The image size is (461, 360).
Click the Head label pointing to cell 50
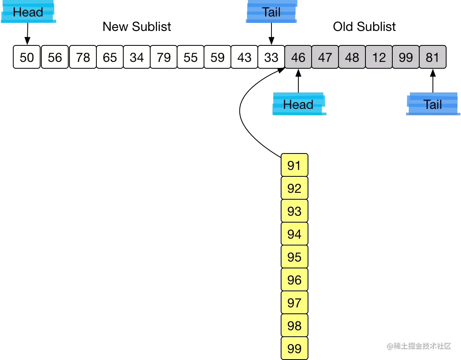[x=28, y=12]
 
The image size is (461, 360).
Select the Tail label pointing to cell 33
[x=271, y=12]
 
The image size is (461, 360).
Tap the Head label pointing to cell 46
[x=298, y=104]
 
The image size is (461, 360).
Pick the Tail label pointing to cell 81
[x=432, y=104]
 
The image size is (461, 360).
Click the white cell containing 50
[x=27, y=57]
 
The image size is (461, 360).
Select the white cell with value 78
[x=83, y=57]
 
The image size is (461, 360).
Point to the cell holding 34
[x=137, y=57]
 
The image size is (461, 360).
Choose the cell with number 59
[x=217, y=57]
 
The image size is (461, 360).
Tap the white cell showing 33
[x=271, y=57]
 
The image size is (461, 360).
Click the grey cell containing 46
[x=298, y=57]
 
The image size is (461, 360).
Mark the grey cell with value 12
[x=379, y=57]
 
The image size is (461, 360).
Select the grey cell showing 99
[x=406, y=57]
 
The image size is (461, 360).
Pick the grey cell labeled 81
[x=432, y=57]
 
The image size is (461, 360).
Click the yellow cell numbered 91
[x=294, y=165]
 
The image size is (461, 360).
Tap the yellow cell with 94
[x=294, y=234]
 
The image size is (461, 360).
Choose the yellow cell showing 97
[x=294, y=303]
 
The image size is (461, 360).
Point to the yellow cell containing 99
[x=294, y=348]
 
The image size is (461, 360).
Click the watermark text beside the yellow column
[x=418, y=345]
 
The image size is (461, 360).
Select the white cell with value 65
[x=110, y=57]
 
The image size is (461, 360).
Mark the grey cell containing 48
[x=352, y=57]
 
